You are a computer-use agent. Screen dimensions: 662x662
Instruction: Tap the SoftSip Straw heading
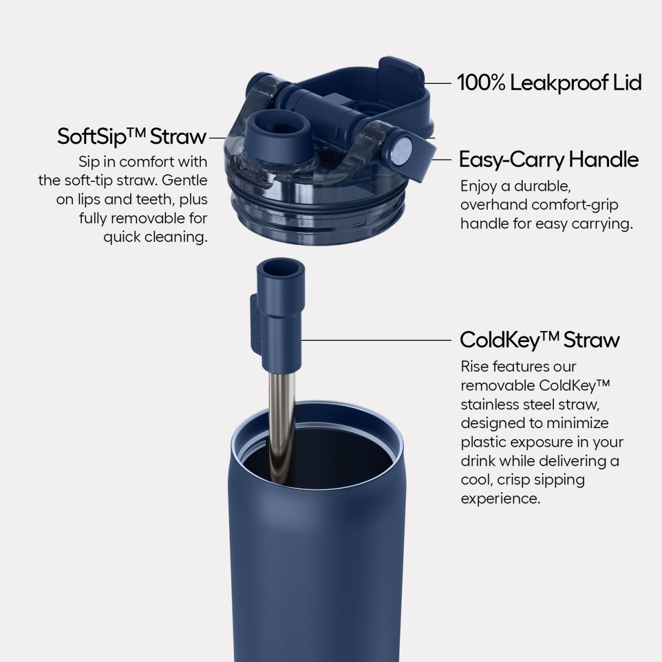132,137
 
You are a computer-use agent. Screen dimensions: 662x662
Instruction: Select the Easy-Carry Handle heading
549,160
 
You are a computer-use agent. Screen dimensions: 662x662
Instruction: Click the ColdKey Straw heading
540,340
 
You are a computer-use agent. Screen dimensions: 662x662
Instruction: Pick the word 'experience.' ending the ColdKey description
500,499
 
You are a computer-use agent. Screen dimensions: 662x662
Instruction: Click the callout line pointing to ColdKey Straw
377,340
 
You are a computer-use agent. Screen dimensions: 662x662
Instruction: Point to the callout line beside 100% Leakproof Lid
438,83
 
